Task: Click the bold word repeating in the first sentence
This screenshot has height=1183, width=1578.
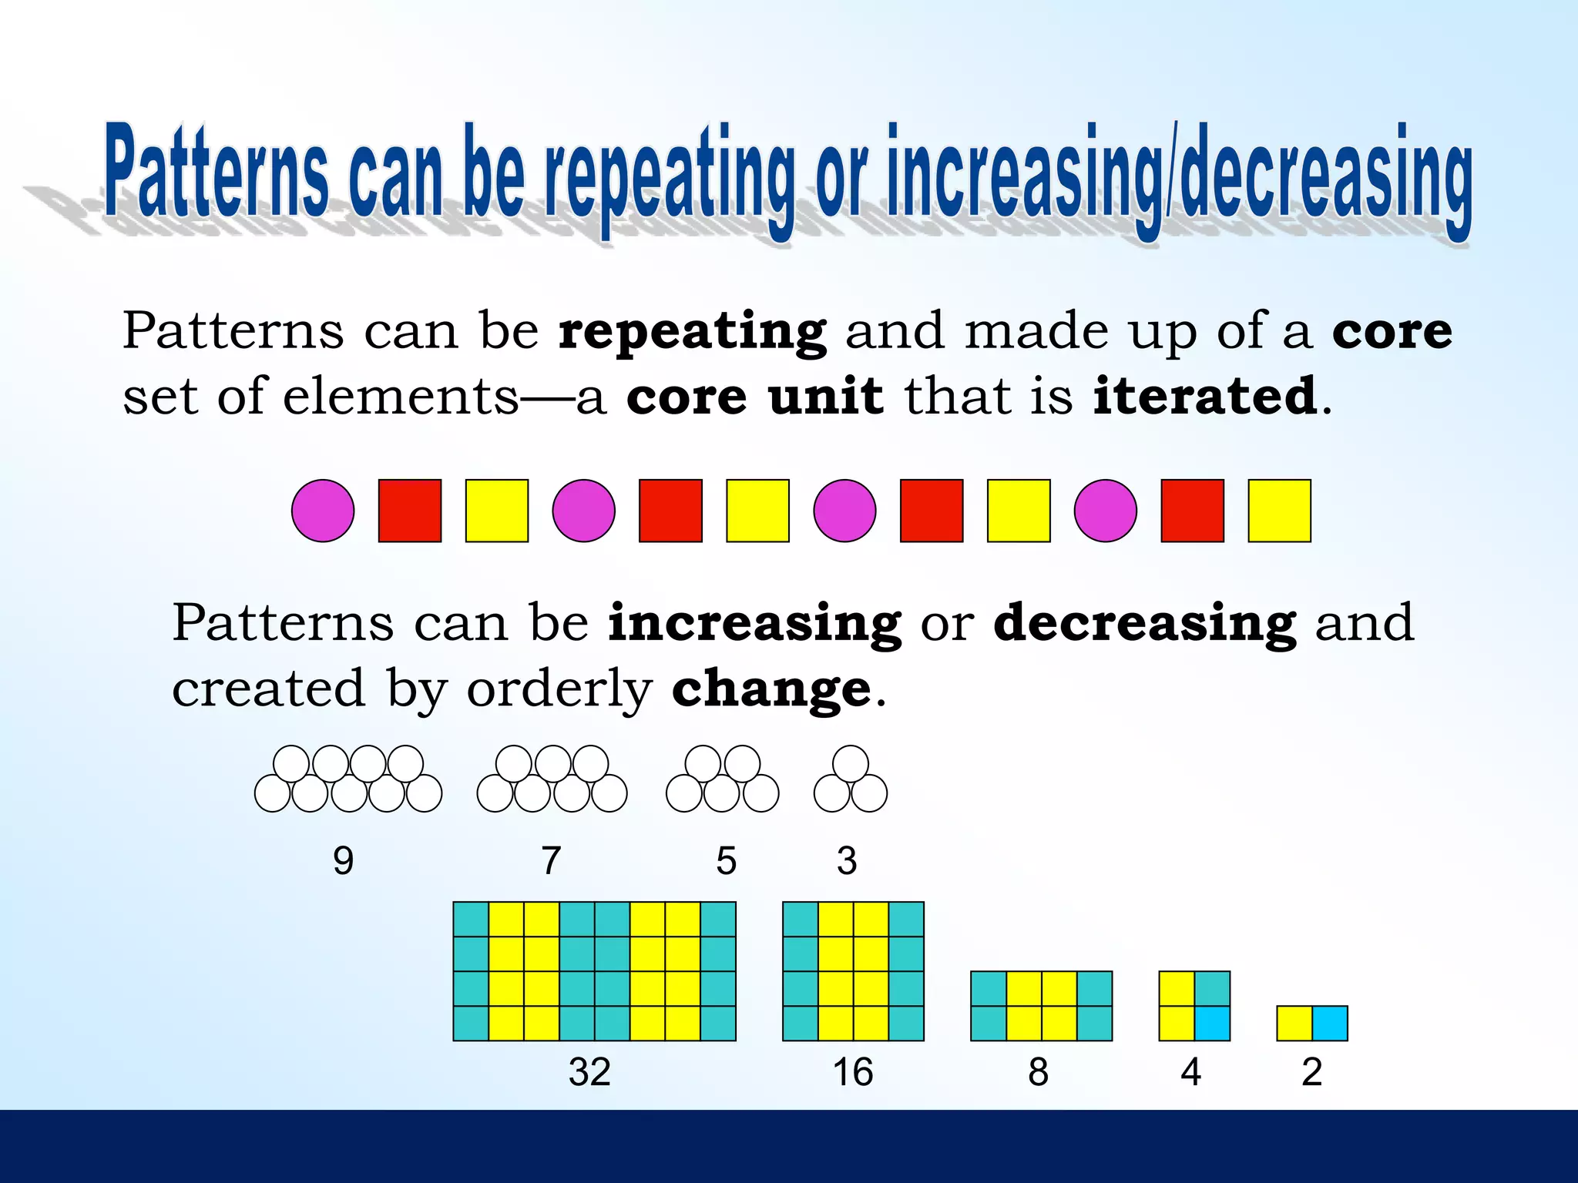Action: [x=692, y=333]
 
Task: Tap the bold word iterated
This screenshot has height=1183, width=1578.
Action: [x=1205, y=397]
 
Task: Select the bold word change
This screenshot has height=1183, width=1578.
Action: [x=771, y=689]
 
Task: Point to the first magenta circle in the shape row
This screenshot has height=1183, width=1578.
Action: [x=323, y=511]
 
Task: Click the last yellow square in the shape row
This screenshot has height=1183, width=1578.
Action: [x=1279, y=511]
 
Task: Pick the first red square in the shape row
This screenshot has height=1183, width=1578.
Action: [x=410, y=511]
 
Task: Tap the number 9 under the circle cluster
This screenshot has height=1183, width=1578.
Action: [x=343, y=860]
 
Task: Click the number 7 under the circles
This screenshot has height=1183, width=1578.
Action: [x=550, y=860]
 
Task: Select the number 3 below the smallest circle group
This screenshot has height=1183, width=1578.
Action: [x=847, y=860]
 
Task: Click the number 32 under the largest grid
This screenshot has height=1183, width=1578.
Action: [x=589, y=1072]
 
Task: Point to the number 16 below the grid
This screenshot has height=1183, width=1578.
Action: [x=852, y=1072]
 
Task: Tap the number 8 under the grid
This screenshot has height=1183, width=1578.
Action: [x=1038, y=1072]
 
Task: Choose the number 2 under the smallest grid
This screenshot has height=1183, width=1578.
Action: [x=1311, y=1072]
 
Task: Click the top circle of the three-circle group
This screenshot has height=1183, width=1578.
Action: [x=851, y=763]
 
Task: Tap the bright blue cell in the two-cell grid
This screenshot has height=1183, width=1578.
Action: [x=1330, y=1024]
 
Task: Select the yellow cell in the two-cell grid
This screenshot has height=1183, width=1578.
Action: [x=1294, y=1024]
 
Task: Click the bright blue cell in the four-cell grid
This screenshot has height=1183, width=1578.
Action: [x=1212, y=1024]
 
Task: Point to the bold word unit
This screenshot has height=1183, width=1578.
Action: [x=825, y=397]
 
